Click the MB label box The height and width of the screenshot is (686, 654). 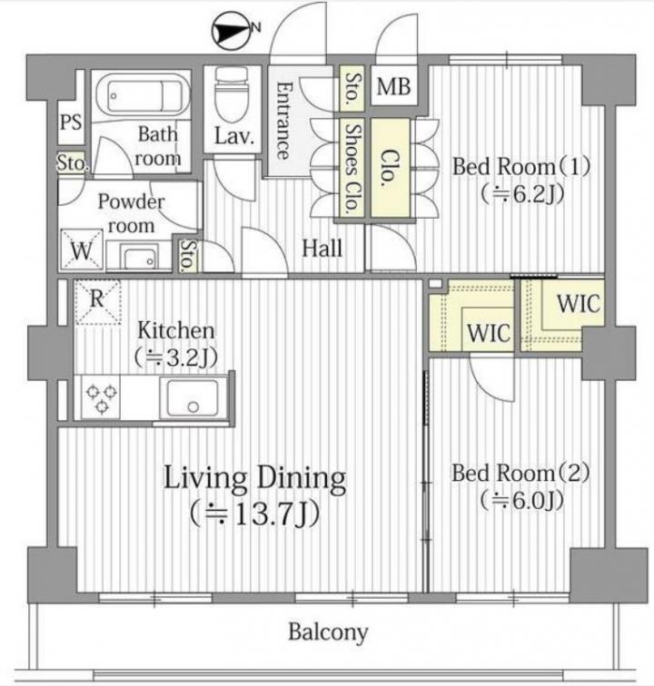tap(394, 85)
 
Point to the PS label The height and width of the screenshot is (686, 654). tap(71, 122)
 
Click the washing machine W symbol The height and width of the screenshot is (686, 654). tap(82, 250)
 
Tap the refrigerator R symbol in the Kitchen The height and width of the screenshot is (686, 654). tap(97, 301)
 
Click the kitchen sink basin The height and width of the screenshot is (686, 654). tap(193, 398)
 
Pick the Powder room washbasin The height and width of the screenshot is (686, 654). tap(140, 257)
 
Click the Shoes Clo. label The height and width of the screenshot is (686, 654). tap(352, 168)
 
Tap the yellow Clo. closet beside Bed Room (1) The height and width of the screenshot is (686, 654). tap(391, 168)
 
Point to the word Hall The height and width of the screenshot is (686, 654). tap(322, 249)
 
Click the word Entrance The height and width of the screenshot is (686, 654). tap(283, 121)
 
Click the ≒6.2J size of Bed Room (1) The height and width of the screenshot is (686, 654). tap(521, 194)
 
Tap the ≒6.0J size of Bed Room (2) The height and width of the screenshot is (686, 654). tap(521, 501)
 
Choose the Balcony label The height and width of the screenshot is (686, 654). tap(328, 632)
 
